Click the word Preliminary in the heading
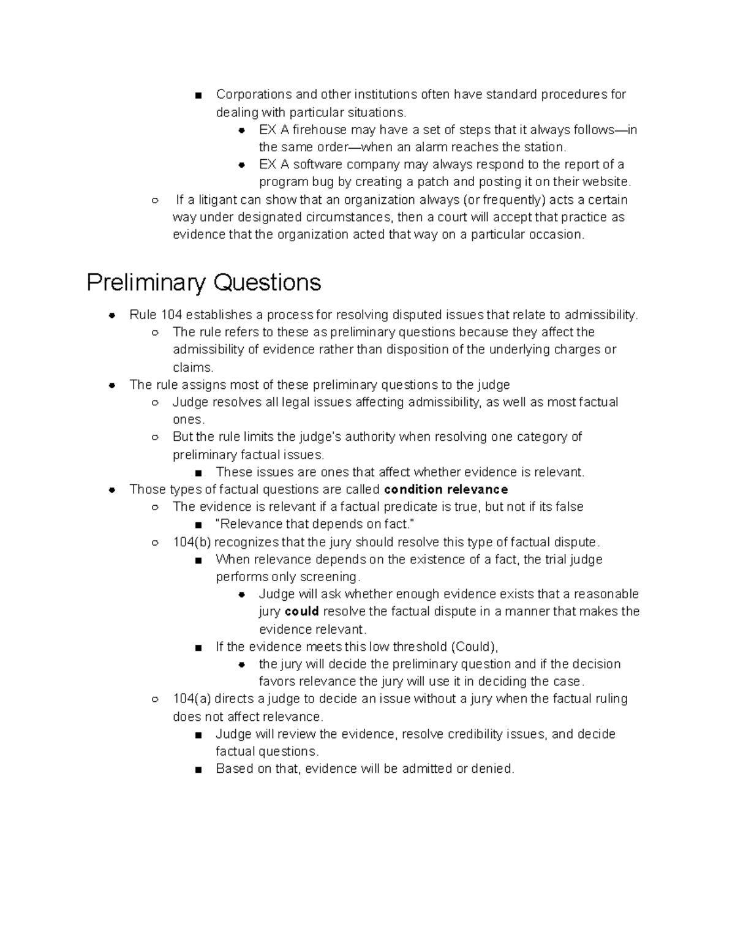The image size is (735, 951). coord(145,283)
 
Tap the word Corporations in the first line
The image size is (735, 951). coord(254,94)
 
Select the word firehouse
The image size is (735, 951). coord(319,130)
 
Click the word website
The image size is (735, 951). coord(605,182)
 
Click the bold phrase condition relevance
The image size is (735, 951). coord(446,489)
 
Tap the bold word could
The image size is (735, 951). coord(302,611)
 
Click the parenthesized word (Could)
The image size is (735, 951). coord(474,647)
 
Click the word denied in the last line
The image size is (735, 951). coord(493,769)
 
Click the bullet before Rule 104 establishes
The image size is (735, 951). coord(112,315)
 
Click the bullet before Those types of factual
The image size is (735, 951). coord(112,490)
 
